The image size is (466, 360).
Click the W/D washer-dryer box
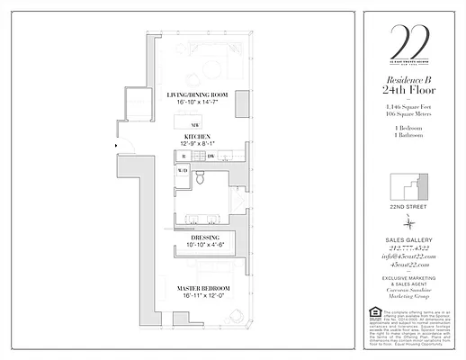[183, 170]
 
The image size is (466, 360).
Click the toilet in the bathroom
[202, 179]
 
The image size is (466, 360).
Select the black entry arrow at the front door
[116, 145]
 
